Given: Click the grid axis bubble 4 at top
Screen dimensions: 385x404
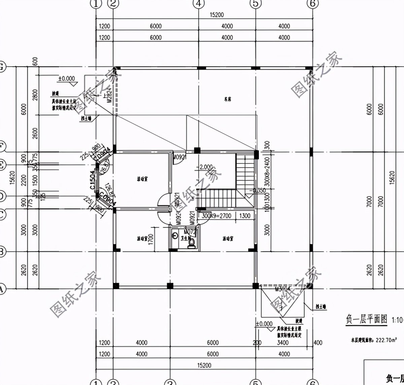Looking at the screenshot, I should pyautogui.click(x=199, y=4).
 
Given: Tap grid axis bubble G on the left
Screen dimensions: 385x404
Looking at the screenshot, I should pyautogui.click(x=1, y=67).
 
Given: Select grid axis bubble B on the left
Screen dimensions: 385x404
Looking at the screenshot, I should pyautogui.click(x=1, y=252).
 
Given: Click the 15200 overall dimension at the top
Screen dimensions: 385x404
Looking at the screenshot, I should pyautogui.click(x=216, y=15).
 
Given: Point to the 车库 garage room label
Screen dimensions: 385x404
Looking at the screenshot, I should pyautogui.click(x=228, y=99).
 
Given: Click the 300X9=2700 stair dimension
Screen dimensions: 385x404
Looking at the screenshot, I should pyautogui.click(x=216, y=216).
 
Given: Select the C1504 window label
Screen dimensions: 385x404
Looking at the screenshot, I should pyautogui.click(x=92, y=180).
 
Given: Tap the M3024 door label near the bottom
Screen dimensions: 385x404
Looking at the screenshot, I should pyautogui.click(x=283, y=289).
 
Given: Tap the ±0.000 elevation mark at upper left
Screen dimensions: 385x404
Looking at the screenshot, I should pyautogui.click(x=66, y=78).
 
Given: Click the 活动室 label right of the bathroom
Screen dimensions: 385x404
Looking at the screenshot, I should pyautogui.click(x=228, y=239).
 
